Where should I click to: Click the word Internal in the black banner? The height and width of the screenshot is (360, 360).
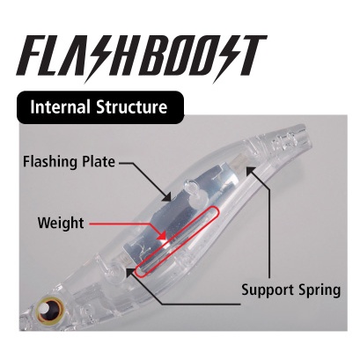pyautogui.click(x=60, y=107)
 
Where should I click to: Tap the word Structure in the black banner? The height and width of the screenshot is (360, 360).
pyautogui.click(x=132, y=107)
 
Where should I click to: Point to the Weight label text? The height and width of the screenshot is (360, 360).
pyautogui.click(x=61, y=224)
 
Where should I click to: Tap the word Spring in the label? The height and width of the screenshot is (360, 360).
pyautogui.click(x=320, y=290)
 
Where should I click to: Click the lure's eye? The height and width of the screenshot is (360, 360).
pyautogui.click(x=49, y=309)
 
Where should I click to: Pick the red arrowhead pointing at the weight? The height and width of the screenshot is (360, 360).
pyautogui.click(x=162, y=235)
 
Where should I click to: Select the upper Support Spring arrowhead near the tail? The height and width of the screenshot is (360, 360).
pyautogui.click(x=251, y=170)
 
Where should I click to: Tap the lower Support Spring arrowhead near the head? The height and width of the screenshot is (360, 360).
pyautogui.click(x=130, y=272)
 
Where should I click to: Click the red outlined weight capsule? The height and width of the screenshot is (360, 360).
pyautogui.click(x=178, y=241)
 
